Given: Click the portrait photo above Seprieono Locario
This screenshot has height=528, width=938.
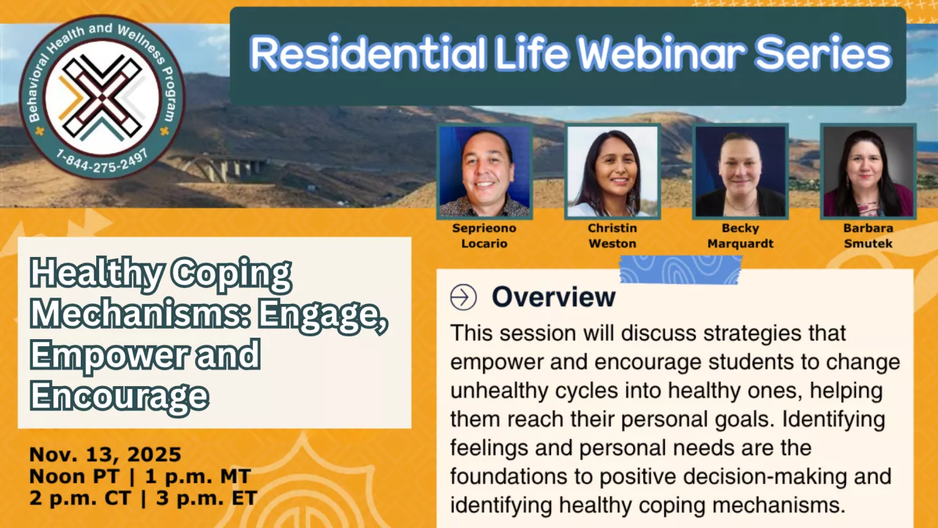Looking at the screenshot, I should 484,171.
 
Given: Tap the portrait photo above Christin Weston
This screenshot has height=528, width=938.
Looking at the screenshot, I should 612,171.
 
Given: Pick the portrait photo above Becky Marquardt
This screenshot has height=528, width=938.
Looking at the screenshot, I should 740,171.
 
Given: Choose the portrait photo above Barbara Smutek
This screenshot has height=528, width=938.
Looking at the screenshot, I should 868,171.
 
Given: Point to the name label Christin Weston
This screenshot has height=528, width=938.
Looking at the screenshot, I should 612,236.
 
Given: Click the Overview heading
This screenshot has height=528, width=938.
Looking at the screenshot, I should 553,297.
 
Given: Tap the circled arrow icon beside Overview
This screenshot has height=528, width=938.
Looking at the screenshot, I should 463,297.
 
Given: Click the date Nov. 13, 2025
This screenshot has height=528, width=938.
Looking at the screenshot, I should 105,455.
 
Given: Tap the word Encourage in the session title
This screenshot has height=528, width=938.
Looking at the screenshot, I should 119,396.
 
